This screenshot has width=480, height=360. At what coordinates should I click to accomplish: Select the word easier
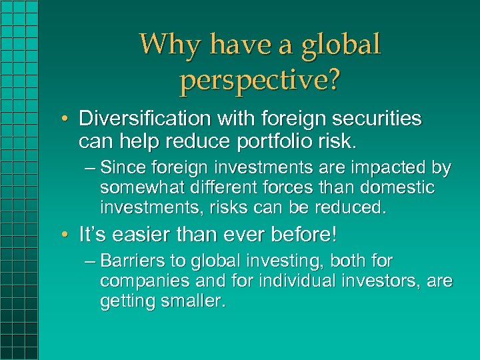point(137,235)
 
